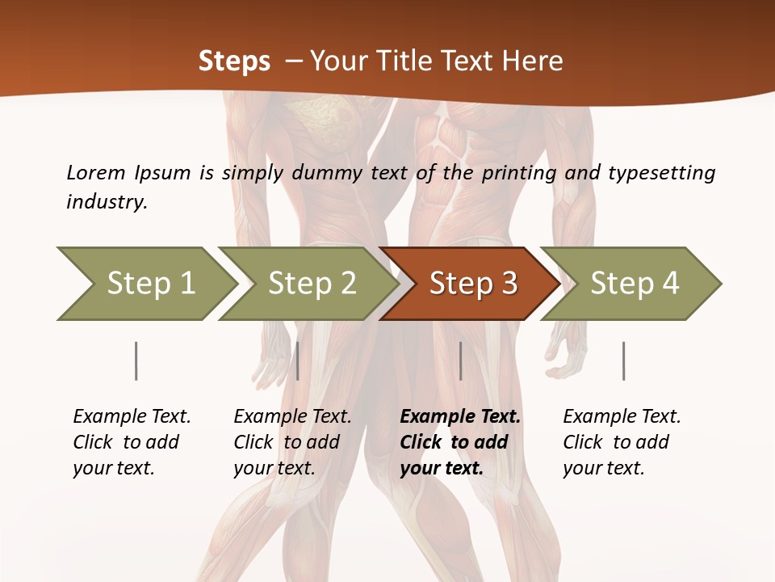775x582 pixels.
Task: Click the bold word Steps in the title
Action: (234, 61)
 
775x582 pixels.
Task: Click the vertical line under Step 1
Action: (136, 361)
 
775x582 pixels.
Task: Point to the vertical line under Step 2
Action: (298, 361)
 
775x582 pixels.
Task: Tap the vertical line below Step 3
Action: (460, 361)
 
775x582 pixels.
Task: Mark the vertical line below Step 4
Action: (623, 361)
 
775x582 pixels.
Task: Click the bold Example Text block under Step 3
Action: (460, 442)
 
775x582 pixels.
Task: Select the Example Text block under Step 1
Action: (132, 442)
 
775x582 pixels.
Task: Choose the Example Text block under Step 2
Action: (292, 442)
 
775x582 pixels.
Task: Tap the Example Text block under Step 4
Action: (622, 442)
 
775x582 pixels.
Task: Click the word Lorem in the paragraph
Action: (96, 173)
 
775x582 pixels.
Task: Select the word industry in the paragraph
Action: (107, 202)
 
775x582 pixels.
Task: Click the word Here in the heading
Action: (536, 61)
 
